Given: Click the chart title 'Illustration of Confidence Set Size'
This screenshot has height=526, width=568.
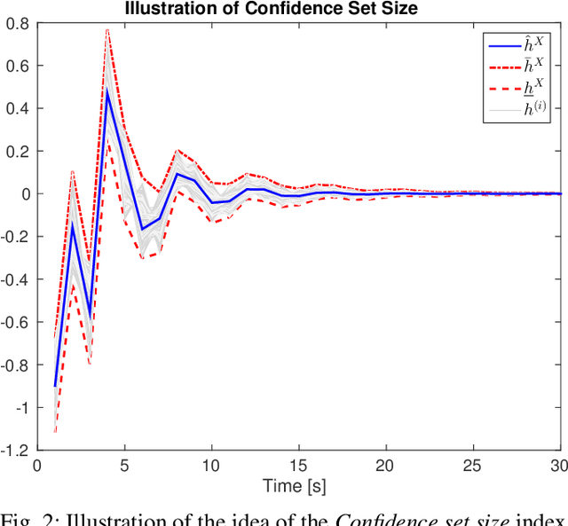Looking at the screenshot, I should point(296,9).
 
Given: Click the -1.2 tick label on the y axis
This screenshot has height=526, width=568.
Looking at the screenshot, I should point(15,450).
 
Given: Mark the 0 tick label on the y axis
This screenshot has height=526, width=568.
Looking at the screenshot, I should point(24,193).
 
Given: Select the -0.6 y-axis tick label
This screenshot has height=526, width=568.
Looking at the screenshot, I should point(15,322).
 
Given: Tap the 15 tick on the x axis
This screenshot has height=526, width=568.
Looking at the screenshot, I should point(298,465).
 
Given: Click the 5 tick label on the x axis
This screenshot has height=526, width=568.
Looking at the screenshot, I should point(124,465).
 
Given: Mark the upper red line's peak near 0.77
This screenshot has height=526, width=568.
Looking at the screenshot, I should point(107,29).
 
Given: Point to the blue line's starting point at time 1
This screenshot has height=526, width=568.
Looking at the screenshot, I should point(55,386).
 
